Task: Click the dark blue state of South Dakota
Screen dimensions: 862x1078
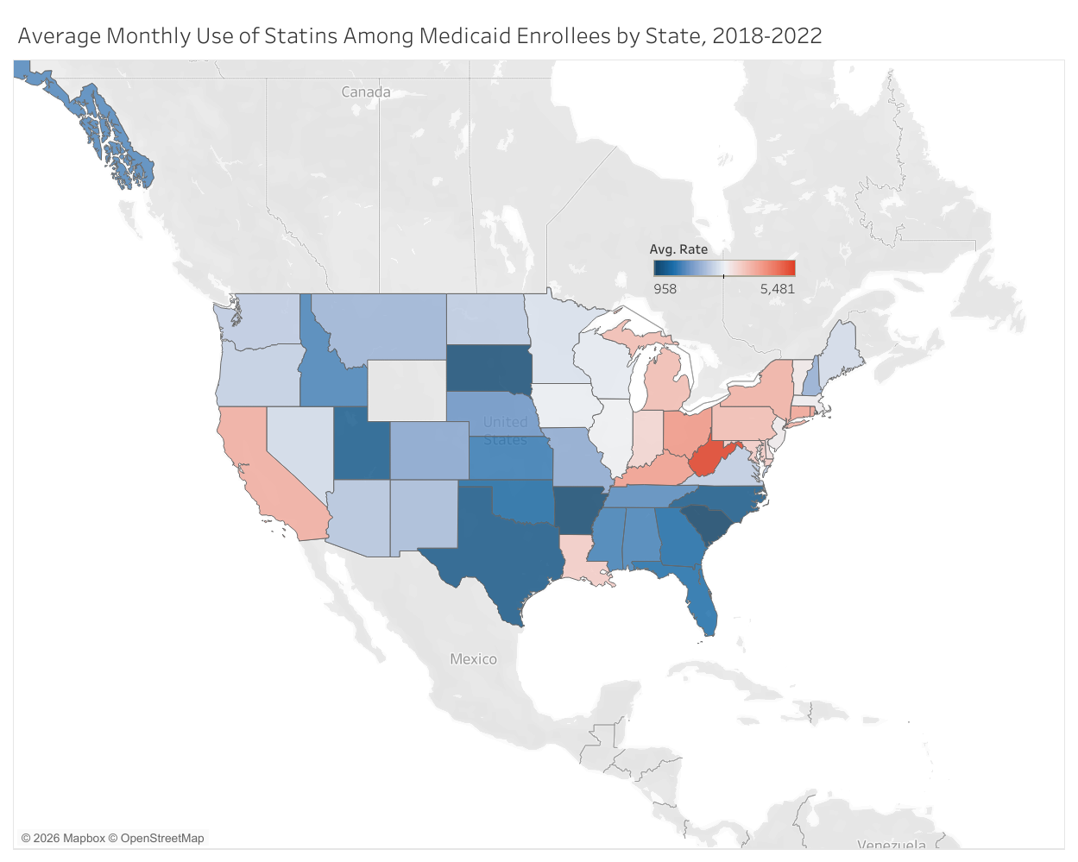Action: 488,368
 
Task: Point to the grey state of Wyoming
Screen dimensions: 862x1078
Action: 407,390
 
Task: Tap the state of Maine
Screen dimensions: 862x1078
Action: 842,349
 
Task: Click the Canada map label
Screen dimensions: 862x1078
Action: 366,92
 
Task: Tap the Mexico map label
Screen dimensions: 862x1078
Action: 473,659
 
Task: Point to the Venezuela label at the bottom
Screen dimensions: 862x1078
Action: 891,845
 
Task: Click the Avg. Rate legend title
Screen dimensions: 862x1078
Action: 678,249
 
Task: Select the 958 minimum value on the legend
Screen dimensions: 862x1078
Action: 665,289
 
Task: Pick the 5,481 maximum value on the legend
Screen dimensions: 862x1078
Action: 777,289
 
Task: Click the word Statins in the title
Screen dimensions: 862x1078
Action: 300,36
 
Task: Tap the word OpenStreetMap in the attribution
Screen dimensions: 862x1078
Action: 162,838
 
